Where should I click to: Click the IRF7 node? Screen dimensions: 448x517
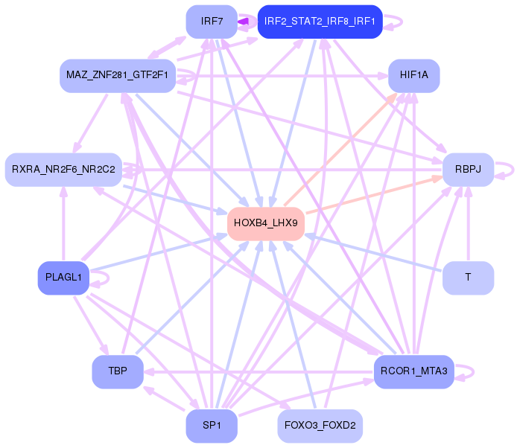click(212, 22)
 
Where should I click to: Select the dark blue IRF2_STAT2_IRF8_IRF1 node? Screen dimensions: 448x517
click(320, 22)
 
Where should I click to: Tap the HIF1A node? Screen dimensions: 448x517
click(413, 75)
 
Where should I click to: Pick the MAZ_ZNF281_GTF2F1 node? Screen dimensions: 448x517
click(117, 76)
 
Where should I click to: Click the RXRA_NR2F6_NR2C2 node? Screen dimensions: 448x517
click(63, 170)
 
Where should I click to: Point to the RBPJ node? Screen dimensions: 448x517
click(468, 170)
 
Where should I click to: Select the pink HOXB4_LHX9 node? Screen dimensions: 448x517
click(265, 223)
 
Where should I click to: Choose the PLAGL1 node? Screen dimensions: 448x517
click(63, 278)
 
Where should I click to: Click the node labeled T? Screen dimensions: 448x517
click(468, 278)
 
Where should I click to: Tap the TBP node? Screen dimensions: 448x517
click(117, 371)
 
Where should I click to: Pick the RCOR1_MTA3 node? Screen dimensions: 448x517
click(413, 371)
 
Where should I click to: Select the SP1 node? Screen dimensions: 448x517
click(212, 426)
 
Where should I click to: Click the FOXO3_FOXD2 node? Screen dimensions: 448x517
click(320, 426)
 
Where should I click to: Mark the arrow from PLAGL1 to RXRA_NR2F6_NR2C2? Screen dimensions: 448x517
click(63, 223)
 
